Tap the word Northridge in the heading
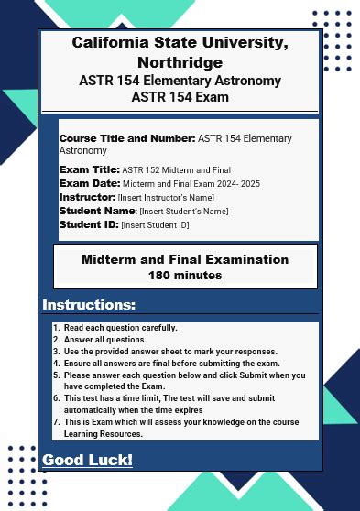pos(180,62)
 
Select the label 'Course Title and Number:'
pos(127,138)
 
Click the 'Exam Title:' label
pos(89,169)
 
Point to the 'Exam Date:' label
pos(89,183)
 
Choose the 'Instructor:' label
pos(87,197)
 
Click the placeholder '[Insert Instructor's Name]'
pos(166,198)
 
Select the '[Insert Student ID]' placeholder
pos(155,225)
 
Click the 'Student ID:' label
pos(89,224)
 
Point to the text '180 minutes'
pos(184,275)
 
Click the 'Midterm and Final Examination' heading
pos(184,259)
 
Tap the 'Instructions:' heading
pos(89,305)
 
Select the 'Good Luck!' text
pos(87,460)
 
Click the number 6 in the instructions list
pos(56,398)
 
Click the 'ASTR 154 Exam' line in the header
pos(180,97)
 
